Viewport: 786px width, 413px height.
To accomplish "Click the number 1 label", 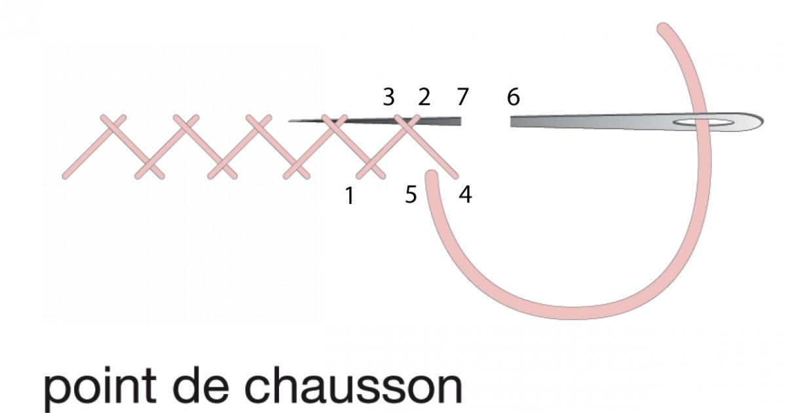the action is (350, 195).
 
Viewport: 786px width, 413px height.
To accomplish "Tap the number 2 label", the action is (424, 97).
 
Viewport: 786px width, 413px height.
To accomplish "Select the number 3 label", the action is (389, 97).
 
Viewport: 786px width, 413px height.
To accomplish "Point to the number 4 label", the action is (465, 195).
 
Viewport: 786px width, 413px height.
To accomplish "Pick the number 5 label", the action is (411, 195).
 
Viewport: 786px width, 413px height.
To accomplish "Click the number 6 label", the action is (514, 97).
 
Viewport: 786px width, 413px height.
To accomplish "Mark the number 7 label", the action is (463, 97).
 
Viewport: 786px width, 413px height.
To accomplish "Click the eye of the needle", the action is (703, 123).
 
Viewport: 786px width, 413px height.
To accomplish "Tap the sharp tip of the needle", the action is (290, 121).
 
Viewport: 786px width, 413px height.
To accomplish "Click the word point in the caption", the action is (100, 385).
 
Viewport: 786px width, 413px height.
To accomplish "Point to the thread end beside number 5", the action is (432, 176).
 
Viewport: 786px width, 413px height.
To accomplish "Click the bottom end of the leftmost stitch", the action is (65, 176).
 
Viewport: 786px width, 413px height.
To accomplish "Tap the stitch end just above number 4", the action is (455, 176).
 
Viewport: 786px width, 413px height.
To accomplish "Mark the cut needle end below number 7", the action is (460, 121).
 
